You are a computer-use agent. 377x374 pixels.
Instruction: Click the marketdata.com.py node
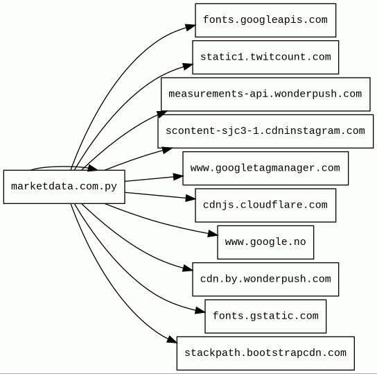point(64,187)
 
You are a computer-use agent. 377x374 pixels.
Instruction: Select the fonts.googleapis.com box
point(265,20)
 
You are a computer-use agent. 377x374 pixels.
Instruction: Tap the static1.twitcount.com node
point(265,58)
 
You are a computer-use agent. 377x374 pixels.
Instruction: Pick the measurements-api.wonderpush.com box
point(265,94)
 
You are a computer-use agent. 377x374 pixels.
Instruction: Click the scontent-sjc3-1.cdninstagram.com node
point(265,131)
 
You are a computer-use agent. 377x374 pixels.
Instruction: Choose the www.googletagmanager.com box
point(265,169)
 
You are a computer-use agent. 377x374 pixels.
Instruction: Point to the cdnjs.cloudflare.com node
point(265,205)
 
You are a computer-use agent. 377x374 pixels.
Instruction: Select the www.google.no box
point(265,242)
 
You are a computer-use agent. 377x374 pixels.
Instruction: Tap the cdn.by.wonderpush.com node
point(265,280)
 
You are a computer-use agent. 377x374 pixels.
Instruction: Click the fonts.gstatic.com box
point(265,316)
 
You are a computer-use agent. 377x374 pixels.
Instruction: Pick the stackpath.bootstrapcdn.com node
point(265,353)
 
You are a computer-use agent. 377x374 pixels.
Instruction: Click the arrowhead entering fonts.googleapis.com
point(190,27)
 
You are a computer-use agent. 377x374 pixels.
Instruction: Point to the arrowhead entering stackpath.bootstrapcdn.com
point(172,339)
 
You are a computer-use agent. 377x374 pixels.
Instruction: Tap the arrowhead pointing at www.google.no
point(213,234)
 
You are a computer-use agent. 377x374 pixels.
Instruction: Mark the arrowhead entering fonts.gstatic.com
point(200,310)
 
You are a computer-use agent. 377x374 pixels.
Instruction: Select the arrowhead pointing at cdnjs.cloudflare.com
point(191,198)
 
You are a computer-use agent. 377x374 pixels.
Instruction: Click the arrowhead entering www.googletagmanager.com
point(178,177)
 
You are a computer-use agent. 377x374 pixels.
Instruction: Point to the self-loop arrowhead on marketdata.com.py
point(93,168)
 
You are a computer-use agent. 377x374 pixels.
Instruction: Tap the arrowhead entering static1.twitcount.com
point(188,66)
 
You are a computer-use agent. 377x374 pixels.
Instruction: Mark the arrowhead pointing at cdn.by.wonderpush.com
point(188,269)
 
